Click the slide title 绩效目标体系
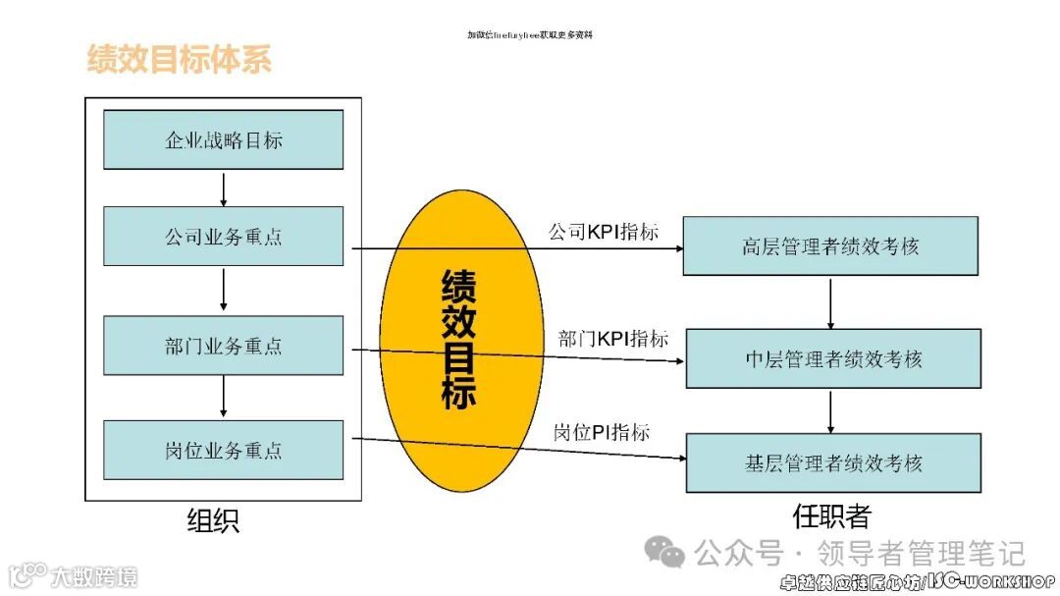coord(179,59)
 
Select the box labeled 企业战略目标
coord(224,139)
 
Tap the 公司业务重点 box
coord(224,236)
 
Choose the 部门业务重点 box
coord(224,346)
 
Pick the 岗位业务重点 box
coord(224,450)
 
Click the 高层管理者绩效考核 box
coord(830,245)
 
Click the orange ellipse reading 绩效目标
coord(460,339)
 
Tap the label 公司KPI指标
coord(603,233)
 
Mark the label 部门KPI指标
coord(613,339)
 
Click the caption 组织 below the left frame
coord(213,520)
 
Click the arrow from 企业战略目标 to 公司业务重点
coord(225,188)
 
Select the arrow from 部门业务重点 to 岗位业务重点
coord(225,398)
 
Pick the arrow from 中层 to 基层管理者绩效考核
coord(831,410)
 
